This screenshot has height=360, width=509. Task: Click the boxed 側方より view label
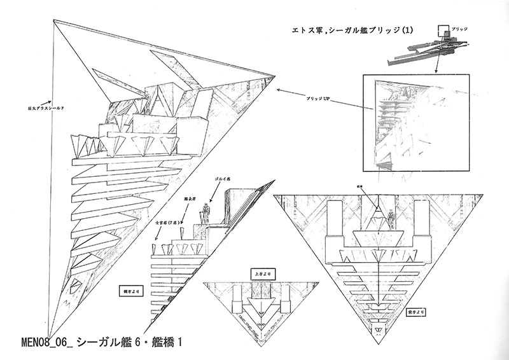pyautogui.click(x=132, y=293)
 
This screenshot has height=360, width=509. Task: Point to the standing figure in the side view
pyautogui.click(x=206, y=212)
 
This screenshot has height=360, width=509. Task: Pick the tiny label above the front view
pyautogui.click(x=378, y=187)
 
